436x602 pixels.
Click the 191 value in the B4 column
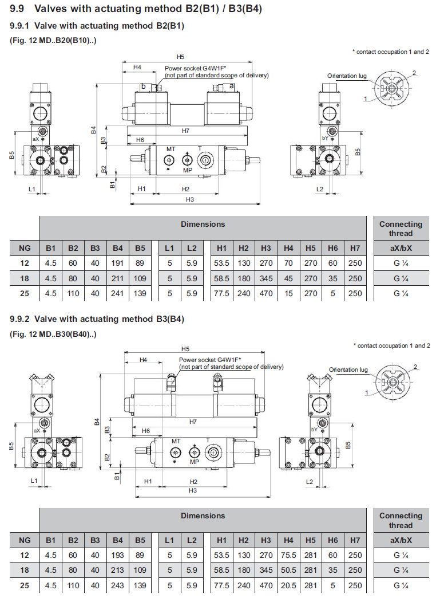click(117, 263)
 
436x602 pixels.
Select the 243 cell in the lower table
click(117, 585)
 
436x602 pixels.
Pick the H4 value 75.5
click(288, 555)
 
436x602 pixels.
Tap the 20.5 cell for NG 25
click(288, 585)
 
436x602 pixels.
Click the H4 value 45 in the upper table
click(288, 278)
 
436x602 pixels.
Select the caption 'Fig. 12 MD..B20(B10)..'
click(53, 40)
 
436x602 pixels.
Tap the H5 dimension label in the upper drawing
click(181, 57)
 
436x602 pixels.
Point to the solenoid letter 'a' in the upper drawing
click(231, 85)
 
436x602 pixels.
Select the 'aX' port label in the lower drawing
click(37, 430)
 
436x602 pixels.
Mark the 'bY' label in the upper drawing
click(325, 138)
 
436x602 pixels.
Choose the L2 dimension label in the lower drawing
click(310, 482)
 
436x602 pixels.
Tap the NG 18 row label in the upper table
click(25, 278)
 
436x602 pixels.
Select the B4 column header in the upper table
click(117, 248)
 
